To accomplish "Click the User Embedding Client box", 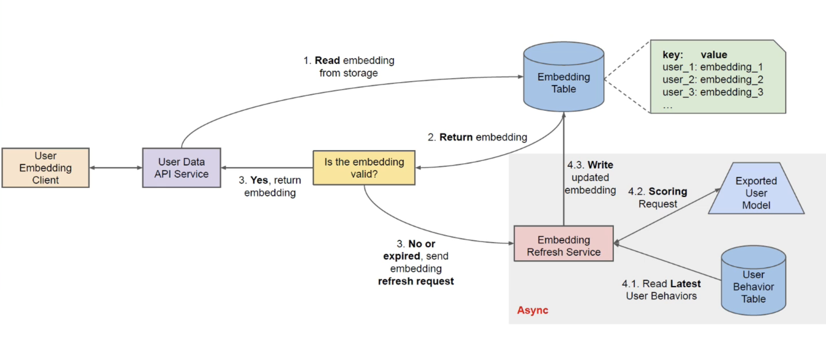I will tap(45, 168).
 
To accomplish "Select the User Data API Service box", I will tap(181, 168).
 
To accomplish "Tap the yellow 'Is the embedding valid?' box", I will tap(364, 168).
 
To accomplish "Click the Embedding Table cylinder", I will tap(563, 80).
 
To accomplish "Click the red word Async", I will tap(532, 310).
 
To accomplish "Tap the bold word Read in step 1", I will tap(327, 60).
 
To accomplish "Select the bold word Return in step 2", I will tap(456, 137).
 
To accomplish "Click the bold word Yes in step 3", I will tap(259, 180).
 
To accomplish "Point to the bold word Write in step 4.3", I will tap(600, 165).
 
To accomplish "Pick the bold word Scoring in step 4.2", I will tap(668, 191).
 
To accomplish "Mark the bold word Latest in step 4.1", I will tap(685, 284).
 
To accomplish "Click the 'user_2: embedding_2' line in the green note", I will tap(713, 80).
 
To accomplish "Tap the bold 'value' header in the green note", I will tap(714, 55).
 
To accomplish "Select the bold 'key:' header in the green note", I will tap(672, 55).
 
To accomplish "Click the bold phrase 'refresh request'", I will tap(416, 281).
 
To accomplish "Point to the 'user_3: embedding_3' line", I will tap(713, 92).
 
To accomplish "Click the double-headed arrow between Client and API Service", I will tap(116, 168).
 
